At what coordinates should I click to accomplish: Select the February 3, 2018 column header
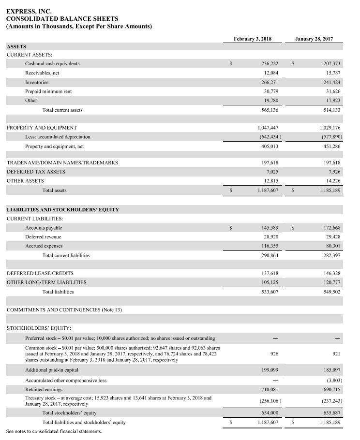[x=253, y=39]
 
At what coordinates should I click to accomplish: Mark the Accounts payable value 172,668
[x=332, y=228]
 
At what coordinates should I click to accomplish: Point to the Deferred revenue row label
[x=43, y=237]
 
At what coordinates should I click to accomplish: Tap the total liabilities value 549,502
[x=332, y=292]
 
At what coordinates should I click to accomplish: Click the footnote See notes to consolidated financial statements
[x=54, y=431]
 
